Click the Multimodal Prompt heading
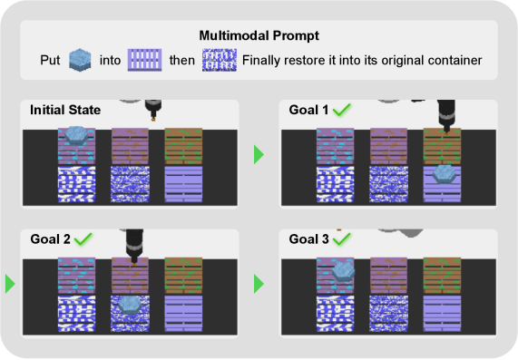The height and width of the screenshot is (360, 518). click(x=259, y=35)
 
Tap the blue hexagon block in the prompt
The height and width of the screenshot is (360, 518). click(x=80, y=60)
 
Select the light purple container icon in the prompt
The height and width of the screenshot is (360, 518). click(x=145, y=60)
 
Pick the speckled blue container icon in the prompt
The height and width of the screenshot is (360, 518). click(x=220, y=60)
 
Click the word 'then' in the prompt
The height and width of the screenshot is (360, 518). click(x=182, y=60)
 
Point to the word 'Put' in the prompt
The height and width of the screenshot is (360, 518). click(x=50, y=60)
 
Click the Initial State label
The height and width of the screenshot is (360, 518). click(x=65, y=110)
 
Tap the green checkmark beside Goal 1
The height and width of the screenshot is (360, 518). click(x=342, y=110)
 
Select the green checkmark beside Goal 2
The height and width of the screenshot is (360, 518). click(x=83, y=238)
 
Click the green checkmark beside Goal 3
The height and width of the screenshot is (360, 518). click(x=342, y=238)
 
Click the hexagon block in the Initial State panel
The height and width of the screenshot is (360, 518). click(x=76, y=135)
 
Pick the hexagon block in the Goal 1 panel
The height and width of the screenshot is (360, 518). click(x=445, y=174)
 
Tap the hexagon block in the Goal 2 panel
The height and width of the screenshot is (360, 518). click(x=130, y=305)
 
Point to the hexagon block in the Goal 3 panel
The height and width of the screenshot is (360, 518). click(x=343, y=271)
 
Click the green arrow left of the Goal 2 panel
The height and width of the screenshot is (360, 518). click(x=10, y=284)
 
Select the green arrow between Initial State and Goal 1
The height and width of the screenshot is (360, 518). click(x=259, y=154)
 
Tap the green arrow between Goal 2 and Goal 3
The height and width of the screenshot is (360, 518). click(x=259, y=284)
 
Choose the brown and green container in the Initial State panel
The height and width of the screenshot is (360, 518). click(x=183, y=146)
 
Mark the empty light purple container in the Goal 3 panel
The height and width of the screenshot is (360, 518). click(x=442, y=314)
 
